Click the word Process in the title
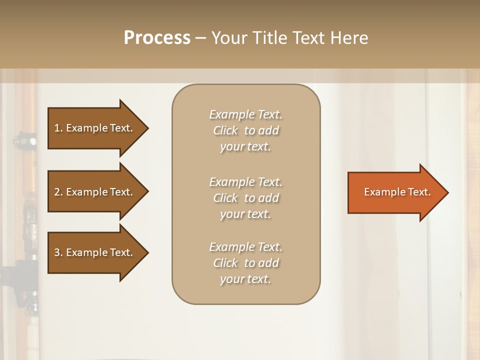pyautogui.click(x=157, y=38)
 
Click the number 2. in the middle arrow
pyautogui.click(x=58, y=192)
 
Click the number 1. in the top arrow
pyautogui.click(x=58, y=128)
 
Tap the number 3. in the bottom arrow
pyautogui.click(x=58, y=252)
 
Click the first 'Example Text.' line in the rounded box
pyautogui.click(x=245, y=114)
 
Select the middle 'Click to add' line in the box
pyautogui.click(x=245, y=198)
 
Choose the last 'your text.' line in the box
pyautogui.click(x=245, y=279)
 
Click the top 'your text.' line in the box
pyautogui.click(x=245, y=146)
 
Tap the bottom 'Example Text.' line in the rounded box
pyautogui.click(x=245, y=247)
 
